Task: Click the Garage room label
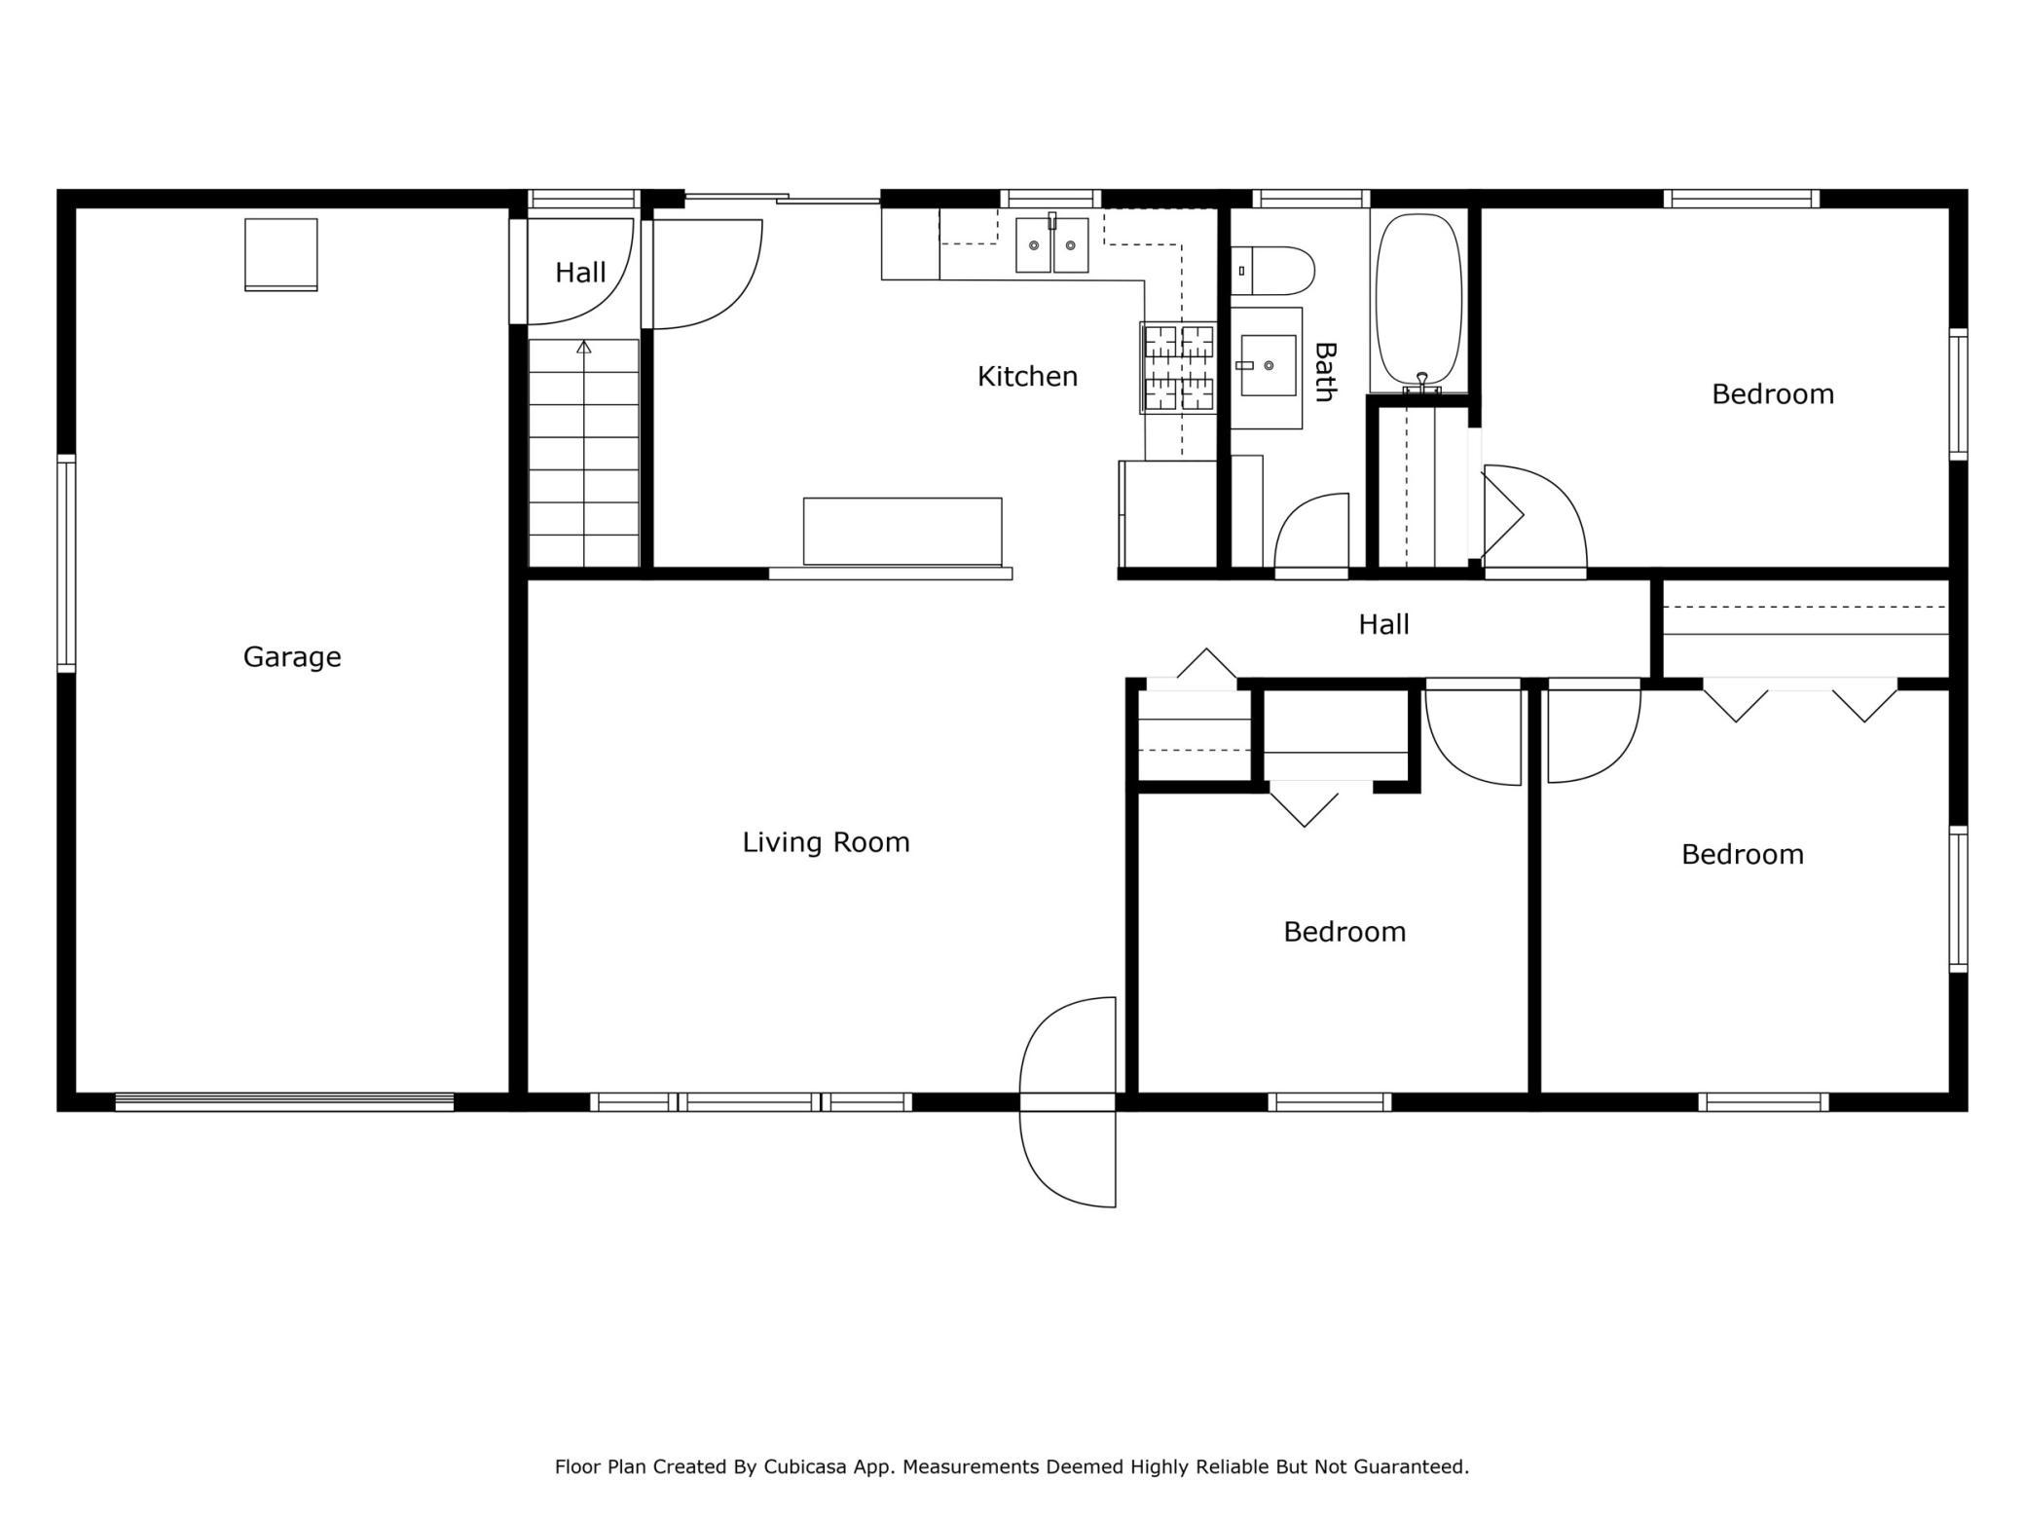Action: point(292,657)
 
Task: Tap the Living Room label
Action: point(826,842)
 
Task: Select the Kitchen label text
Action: point(1027,376)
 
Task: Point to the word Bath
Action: point(1324,371)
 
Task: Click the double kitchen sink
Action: point(1051,244)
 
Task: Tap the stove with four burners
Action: point(1179,368)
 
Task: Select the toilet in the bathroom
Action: point(1272,271)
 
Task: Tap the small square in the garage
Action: point(280,255)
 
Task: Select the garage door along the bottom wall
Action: point(284,1102)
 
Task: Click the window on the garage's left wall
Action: point(66,564)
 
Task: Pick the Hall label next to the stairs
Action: point(580,273)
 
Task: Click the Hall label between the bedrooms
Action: point(1383,624)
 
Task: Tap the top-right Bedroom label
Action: point(1773,394)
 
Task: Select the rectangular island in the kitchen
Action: point(902,532)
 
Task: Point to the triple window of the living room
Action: point(751,1102)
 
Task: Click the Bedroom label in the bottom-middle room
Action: point(1344,932)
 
